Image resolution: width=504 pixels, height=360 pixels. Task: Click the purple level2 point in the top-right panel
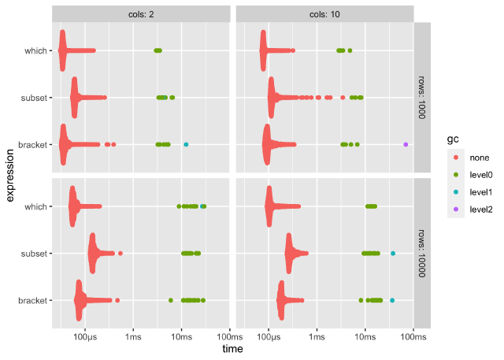coord(406,144)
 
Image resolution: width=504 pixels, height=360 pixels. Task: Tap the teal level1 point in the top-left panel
coord(186,144)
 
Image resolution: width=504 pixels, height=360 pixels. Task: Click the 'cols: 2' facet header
coord(142,13)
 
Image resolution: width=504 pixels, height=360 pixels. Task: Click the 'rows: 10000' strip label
coord(422,253)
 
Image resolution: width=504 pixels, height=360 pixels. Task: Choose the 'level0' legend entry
coord(475,175)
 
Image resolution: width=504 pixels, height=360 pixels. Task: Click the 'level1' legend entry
coord(475,192)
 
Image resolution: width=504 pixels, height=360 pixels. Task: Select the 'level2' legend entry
coord(475,210)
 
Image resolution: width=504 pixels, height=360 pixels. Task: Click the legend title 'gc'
coord(453,139)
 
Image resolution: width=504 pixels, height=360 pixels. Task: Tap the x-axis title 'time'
coord(232,348)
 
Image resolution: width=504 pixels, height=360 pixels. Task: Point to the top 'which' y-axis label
coord(39,51)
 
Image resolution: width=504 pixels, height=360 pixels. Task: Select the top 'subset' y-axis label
coord(37,98)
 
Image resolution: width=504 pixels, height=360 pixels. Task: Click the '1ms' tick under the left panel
coord(133,336)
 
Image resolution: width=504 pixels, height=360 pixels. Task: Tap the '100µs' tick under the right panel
coord(269,336)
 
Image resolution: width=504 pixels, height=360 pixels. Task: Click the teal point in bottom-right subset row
coord(393,253)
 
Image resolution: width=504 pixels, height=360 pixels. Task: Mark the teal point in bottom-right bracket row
coord(392,300)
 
